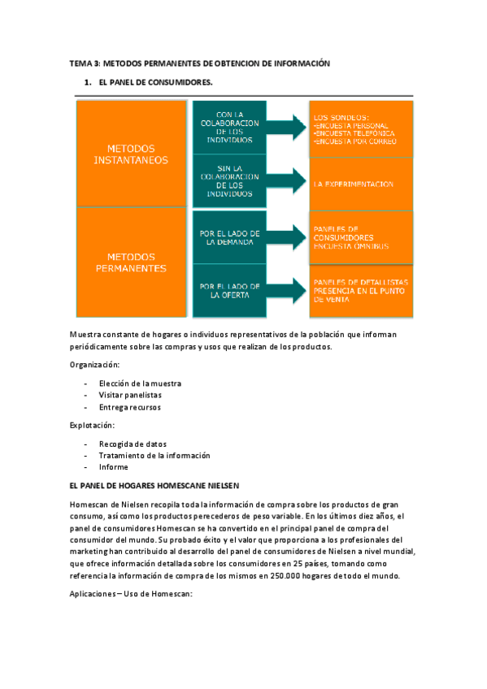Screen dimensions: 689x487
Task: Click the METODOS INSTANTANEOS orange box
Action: [x=132, y=154]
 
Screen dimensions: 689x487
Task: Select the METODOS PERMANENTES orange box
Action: [x=132, y=262]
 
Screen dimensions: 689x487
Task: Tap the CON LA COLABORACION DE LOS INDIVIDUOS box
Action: [x=228, y=127]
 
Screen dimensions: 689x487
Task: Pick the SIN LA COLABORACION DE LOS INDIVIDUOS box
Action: [x=228, y=180]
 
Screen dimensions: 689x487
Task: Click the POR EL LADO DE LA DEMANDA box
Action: [x=228, y=236]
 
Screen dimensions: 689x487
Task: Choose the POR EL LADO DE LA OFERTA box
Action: [x=228, y=291]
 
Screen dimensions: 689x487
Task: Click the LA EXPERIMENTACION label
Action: [x=354, y=184]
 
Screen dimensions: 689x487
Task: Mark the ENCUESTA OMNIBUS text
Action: [x=351, y=245]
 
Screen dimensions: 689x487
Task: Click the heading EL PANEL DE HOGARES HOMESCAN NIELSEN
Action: [x=154, y=486]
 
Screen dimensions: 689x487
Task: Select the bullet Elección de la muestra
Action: [x=140, y=383]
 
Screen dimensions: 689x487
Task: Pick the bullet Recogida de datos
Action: [x=133, y=444]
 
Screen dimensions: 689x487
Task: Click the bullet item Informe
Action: [x=113, y=467]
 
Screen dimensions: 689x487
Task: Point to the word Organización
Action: [x=94, y=365]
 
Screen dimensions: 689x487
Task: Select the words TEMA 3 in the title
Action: [x=84, y=63]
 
